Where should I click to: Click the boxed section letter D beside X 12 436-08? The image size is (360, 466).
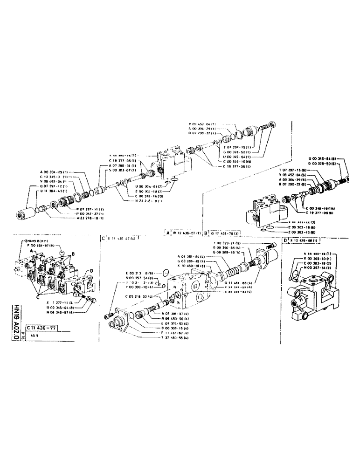click(285, 240)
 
